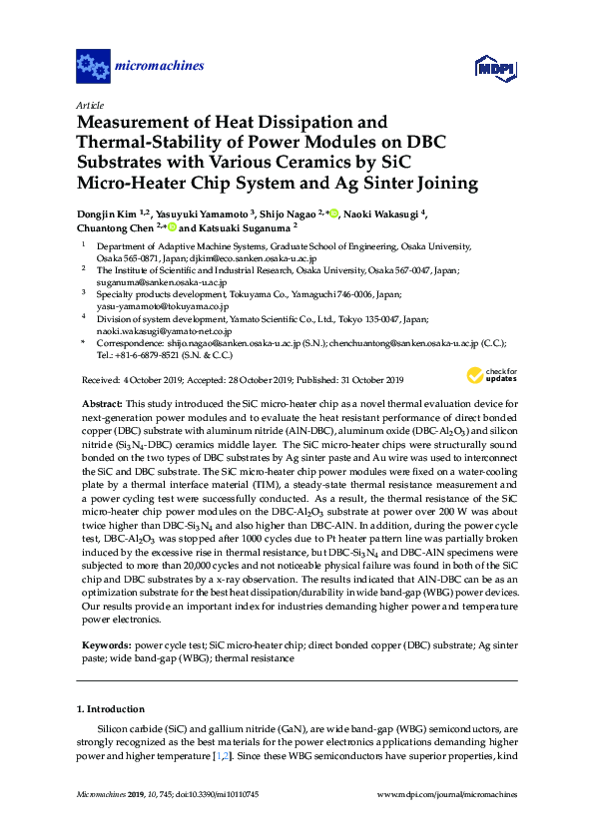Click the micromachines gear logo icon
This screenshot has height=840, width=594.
pyautogui.click(x=93, y=68)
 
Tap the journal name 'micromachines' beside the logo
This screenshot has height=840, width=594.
pyautogui.click(x=160, y=67)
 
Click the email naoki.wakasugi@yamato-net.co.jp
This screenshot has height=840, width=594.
pyautogui.click(x=164, y=330)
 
